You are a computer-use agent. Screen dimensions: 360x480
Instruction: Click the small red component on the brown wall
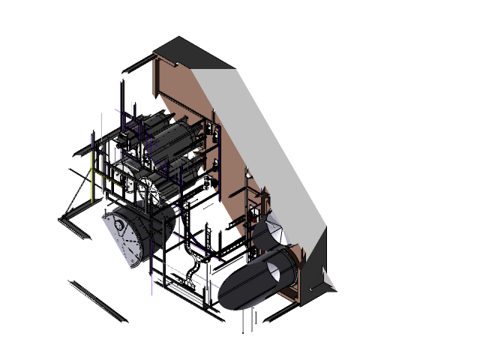[247, 174]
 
